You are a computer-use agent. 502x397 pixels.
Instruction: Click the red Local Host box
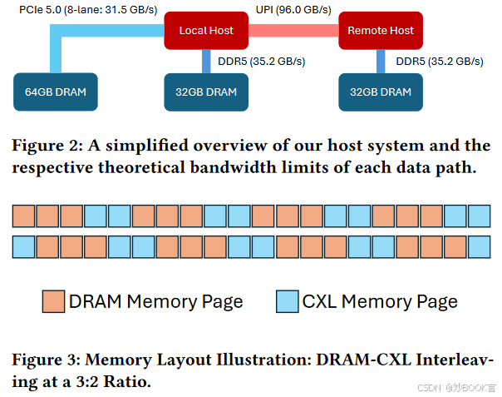pos(204,31)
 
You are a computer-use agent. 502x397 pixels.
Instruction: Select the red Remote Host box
pos(380,31)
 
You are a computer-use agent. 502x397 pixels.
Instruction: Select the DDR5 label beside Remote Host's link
pos(439,61)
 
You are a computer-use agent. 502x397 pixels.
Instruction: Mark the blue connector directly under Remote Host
pos(381,61)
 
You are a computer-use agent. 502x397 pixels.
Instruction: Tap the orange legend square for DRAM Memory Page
pos(53,301)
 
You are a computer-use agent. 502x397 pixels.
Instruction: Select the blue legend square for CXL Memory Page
pos(287,301)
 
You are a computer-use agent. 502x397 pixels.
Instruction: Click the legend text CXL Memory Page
pos(380,301)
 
